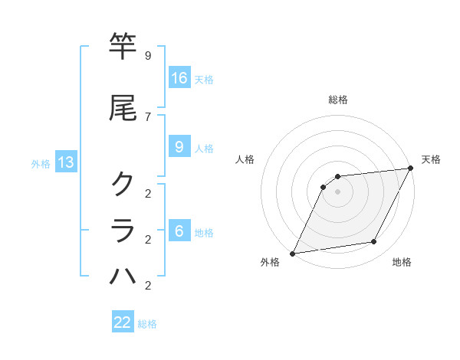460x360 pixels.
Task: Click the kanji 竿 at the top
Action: click(x=123, y=47)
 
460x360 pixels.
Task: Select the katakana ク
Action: click(x=123, y=182)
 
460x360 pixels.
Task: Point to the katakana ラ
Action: click(x=123, y=231)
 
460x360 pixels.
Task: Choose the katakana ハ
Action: click(x=123, y=277)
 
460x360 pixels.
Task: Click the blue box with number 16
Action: click(x=179, y=78)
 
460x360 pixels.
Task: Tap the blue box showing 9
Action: click(x=179, y=147)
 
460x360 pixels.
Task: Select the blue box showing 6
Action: click(x=179, y=231)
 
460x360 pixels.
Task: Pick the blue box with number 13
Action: click(x=66, y=162)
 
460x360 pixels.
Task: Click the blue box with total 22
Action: click(x=123, y=322)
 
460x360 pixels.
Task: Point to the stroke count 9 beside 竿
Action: click(x=147, y=56)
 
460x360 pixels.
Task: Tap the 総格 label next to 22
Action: click(x=147, y=324)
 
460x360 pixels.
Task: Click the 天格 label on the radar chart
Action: click(x=431, y=159)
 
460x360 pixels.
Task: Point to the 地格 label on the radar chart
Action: click(x=402, y=262)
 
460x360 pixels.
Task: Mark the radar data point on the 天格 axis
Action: click(x=410, y=168)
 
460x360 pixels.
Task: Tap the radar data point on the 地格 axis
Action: click(x=374, y=242)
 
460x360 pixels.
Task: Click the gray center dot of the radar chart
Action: click(x=337, y=191)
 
